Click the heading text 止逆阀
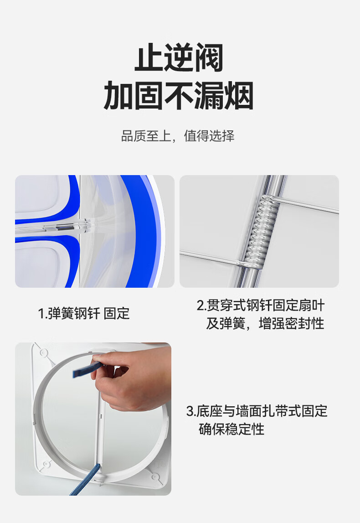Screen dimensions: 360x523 179,57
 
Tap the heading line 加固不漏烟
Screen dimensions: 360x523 179,96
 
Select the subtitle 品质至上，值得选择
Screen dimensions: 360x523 178,136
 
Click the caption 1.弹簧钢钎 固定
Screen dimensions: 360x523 84,314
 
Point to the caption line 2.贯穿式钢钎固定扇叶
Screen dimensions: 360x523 260,305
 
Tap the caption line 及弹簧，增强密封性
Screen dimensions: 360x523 265,324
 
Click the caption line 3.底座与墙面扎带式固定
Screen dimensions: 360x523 257,411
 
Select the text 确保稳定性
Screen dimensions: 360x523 231,429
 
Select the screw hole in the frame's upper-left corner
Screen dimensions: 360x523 43,352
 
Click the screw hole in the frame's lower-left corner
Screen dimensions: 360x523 46,464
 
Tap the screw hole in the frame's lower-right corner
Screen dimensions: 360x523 155,476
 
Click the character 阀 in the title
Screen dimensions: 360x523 209,57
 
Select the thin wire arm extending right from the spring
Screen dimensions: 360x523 307,205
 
